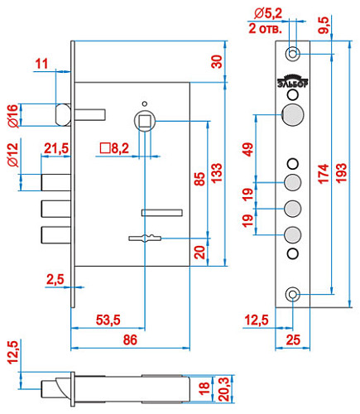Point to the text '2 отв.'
(x=266, y=26)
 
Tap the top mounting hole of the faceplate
(x=292, y=55)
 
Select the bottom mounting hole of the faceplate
(x=292, y=295)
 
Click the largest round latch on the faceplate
(x=292, y=115)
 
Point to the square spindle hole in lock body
(x=146, y=121)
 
